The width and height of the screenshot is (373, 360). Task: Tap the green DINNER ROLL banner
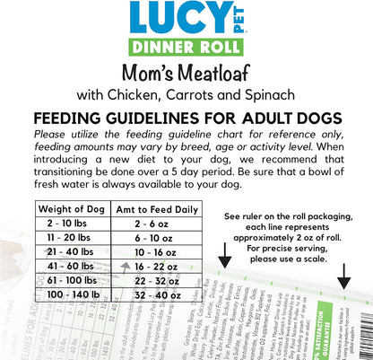tap(186, 50)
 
